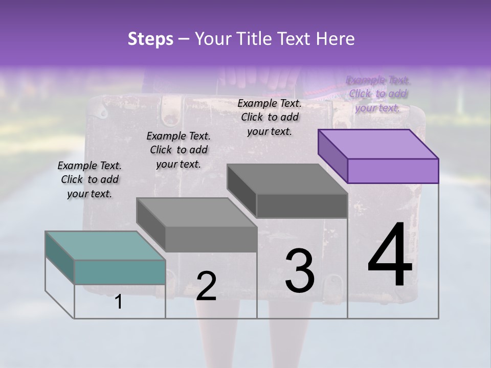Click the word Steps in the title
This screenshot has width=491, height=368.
pyautogui.click(x=150, y=39)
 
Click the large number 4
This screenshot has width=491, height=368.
pyautogui.click(x=390, y=256)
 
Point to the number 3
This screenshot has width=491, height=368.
pyautogui.click(x=300, y=271)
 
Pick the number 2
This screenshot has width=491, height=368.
pyautogui.click(x=206, y=286)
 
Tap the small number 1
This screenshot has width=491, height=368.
pyautogui.click(x=119, y=302)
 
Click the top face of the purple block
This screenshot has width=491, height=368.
pyautogui.click(x=378, y=144)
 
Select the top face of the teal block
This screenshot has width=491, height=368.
pyautogui.click(x=105, y=245)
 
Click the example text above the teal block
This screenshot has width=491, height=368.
pyautogui.click(x=90, y=179)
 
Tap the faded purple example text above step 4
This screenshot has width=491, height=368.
pyautogui.click(x=378, y=94)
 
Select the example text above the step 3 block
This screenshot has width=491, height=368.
pyautogui.click(x=270, y=117)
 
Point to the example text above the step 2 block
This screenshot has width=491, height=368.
pyautogui.click(x=178, y=150)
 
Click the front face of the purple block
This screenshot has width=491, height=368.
pyautogui.click(x=393, y=171)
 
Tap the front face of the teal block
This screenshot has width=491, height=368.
pyautogui.click(x=120, y=272)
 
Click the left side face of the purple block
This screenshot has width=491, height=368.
pyautogui.click(x=332, y=156)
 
